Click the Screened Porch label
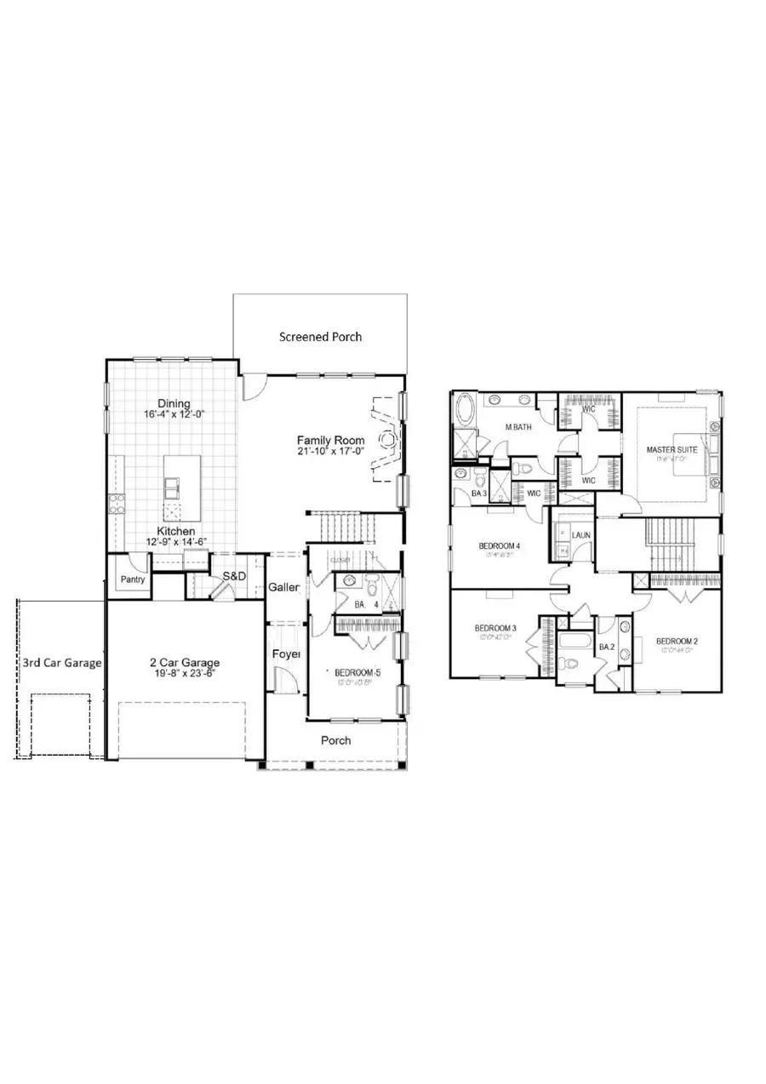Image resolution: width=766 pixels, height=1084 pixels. click(x=320, y=337)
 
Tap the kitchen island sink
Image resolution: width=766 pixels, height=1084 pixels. click(x=172, y=487)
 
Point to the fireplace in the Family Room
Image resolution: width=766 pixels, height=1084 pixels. click(x=387, y=439)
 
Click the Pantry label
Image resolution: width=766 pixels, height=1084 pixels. click(x=132, y=580)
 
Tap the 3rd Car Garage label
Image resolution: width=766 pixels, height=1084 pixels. click(x=62, y=662)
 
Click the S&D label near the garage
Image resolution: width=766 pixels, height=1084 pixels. click(x=234, y=576)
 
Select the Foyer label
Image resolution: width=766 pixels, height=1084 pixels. click(x=285, y=654)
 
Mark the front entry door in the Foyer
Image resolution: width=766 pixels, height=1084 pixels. click(x=285, y=679)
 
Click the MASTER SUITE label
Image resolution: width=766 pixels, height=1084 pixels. click(x=672, y=448)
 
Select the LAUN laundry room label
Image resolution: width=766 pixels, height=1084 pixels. click(x=581, y=535)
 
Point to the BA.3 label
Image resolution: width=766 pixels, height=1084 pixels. click(x=478, y=494)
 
